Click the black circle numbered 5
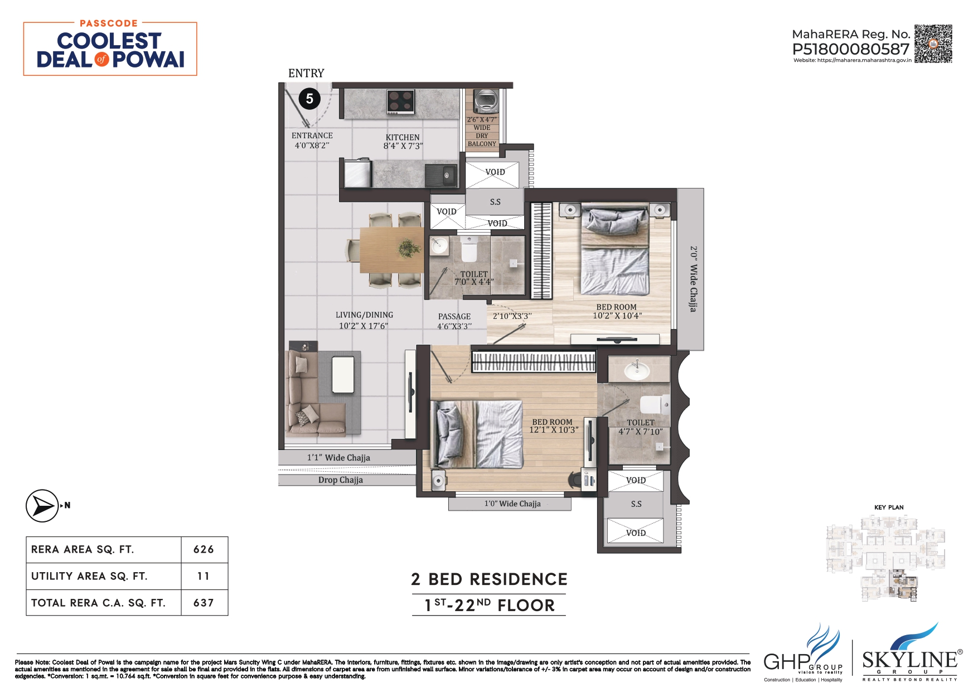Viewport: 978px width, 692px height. coord(309,99)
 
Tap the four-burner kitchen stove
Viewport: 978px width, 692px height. coord(400,102)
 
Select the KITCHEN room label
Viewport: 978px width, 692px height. coord(403,137)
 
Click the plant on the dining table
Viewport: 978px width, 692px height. coord(410,248)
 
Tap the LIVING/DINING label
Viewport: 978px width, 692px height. coord(364,315)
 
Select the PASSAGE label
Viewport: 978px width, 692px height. coord(454,316)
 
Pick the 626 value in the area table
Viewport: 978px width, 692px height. coord(204,550)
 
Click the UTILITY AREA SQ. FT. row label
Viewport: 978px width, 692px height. coord(89,577)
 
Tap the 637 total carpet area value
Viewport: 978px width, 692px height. coord(204,603)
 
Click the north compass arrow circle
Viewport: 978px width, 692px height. coord(42,506)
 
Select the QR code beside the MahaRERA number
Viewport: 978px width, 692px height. coord(933,43)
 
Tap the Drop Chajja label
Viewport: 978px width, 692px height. coord(340,480)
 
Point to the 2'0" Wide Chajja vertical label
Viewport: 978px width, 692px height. coord(693,279)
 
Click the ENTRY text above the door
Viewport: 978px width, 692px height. coord(306,73)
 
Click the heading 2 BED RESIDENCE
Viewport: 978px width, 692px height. coord(489,579)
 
